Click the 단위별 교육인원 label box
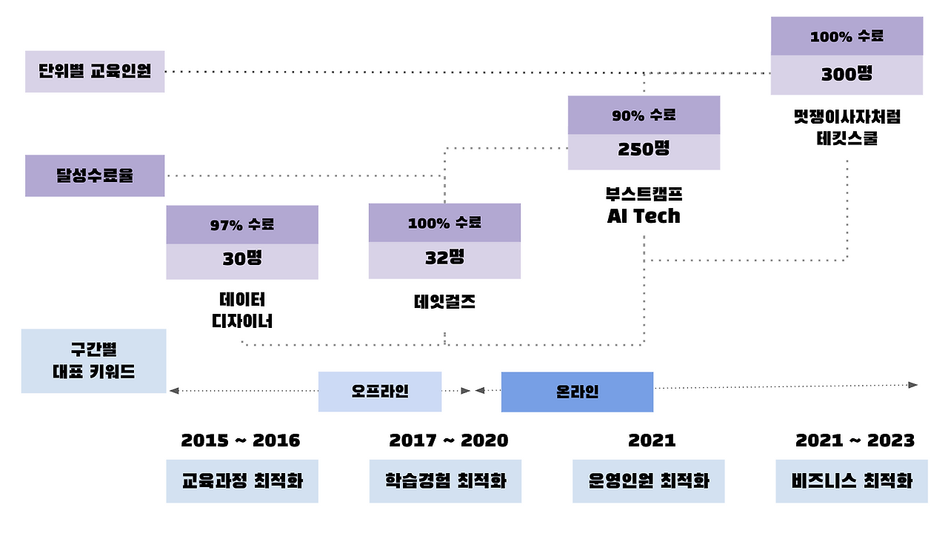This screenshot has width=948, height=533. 95,72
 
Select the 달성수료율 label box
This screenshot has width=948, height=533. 95,176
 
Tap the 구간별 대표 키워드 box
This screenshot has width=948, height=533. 94,361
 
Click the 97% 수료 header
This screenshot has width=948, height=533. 242,225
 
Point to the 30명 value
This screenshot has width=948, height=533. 242,261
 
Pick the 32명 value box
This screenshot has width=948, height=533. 444,260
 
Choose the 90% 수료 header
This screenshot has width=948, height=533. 644,115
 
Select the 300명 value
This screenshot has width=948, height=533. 847,75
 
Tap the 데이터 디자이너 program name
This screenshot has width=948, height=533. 242,310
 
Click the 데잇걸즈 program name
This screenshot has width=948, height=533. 444,301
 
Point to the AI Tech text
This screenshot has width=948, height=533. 644,216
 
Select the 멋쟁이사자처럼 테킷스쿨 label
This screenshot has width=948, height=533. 847,127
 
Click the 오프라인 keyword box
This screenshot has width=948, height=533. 380,392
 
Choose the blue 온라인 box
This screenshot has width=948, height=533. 577,392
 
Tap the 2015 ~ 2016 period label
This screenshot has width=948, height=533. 241,440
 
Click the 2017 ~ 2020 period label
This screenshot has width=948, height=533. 449,440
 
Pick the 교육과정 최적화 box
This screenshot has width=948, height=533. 242,481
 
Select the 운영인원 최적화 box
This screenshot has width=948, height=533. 648,481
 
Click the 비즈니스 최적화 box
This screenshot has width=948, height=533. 852,481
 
